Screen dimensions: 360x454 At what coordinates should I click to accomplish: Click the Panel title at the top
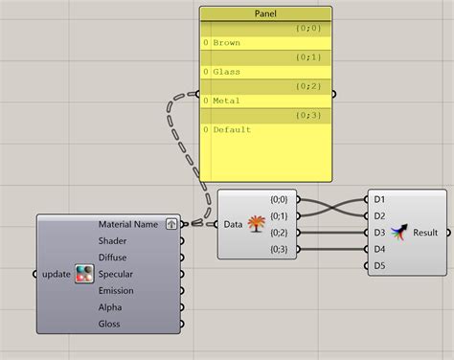265,14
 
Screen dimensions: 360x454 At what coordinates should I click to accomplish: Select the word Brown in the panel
227,43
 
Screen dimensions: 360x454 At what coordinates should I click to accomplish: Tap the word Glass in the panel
226,72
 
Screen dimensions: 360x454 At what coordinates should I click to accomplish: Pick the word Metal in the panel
226,101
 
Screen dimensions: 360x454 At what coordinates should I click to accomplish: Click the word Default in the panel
231,129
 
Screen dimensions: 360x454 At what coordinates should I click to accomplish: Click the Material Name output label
128,224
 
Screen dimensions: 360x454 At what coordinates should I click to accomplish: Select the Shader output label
113,241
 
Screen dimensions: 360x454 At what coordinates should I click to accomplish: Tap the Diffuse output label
112,258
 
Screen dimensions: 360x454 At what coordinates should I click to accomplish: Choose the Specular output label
116,274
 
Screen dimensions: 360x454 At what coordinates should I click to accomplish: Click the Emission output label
116,290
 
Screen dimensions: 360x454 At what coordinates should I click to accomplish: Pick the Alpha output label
109,307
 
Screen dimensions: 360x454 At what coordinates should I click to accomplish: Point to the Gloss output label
109,325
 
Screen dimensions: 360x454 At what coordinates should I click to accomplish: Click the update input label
57,274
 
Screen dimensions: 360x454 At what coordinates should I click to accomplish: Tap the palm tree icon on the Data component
257,224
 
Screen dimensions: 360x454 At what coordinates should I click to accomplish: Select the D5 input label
379,265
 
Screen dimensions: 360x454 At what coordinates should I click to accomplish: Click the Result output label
425,233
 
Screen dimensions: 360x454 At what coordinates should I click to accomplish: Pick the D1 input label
379,199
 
